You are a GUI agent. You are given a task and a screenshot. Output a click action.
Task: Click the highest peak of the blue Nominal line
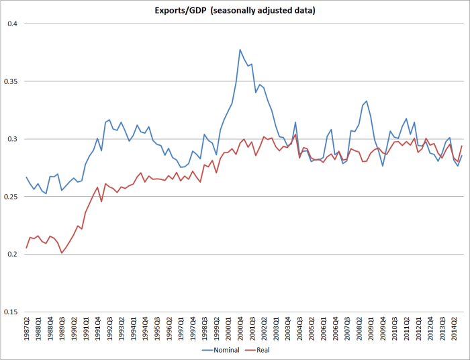[x=240, y=50]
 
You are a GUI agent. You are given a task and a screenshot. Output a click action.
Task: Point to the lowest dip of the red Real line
[x=62, y=253]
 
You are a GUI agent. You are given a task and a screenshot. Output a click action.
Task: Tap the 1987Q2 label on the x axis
[x=27, y=330]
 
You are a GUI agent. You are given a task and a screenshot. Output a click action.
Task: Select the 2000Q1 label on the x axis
[x=229, y=330]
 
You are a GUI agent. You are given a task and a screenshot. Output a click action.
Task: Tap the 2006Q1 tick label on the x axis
[x=324, y=330]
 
